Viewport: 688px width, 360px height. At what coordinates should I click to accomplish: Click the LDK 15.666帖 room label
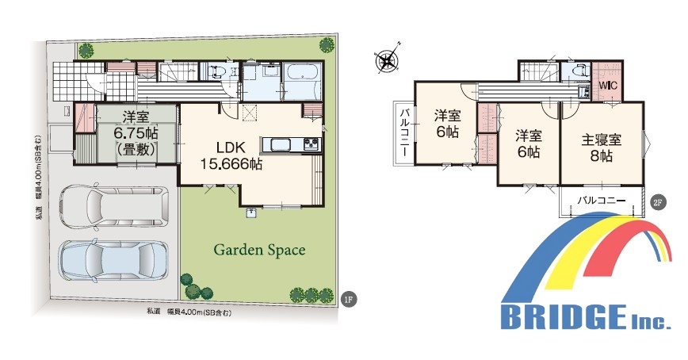pos(231,155)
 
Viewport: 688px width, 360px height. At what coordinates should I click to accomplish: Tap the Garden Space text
pos(259,250)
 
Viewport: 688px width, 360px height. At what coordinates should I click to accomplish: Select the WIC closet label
pos(608,85)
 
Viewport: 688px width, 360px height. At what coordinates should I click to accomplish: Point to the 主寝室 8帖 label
pos(601,148)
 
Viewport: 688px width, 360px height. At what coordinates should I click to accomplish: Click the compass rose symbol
pos(387,60)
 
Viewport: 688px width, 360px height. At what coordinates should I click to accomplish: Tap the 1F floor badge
pos(349,300)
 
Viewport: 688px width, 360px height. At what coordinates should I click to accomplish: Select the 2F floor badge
pos(657,202)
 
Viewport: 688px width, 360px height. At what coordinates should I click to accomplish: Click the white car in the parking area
pos(114,207)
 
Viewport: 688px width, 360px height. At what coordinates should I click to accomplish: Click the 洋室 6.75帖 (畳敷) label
pos(136,133)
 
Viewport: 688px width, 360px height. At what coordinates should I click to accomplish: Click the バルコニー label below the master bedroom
pos(601,201)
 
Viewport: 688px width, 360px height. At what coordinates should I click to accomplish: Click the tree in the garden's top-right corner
pos(327,44)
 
